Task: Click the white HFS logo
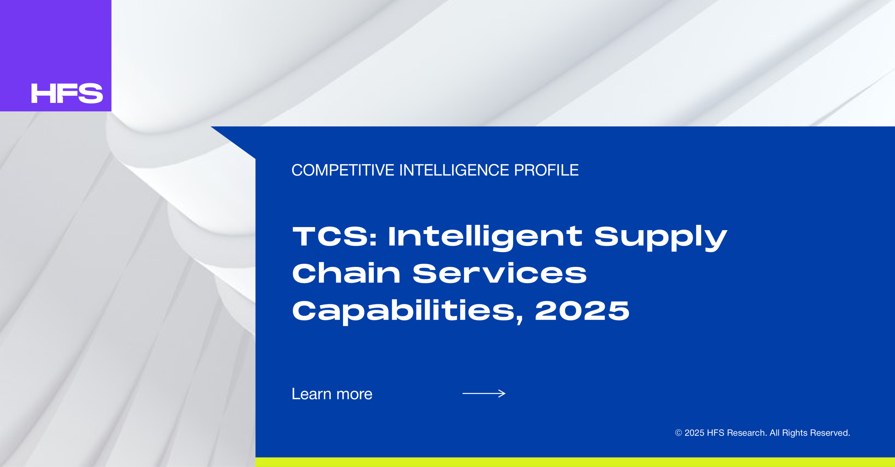[x=67, y=93]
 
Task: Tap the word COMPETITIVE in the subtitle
[x=343, y=170]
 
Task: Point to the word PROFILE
[x=546, y=170]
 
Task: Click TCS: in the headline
[x=335, y=236]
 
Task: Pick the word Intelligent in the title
[x=485, y=238]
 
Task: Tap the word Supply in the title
[x=661, y=238]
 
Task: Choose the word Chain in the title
[x=346, y=273]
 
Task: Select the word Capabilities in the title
[x=408, y=311]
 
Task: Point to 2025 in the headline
[x=582, y=311]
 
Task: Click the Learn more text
[x=332, y=394]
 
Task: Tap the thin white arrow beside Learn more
[x=484, y=394]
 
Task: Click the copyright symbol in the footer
[x=678, y=433]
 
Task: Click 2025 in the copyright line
[x=694, y=433]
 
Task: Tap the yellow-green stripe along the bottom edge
[x=575, y=462]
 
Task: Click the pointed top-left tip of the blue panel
[x=211, y=127]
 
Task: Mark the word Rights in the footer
[x=795, y=433]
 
